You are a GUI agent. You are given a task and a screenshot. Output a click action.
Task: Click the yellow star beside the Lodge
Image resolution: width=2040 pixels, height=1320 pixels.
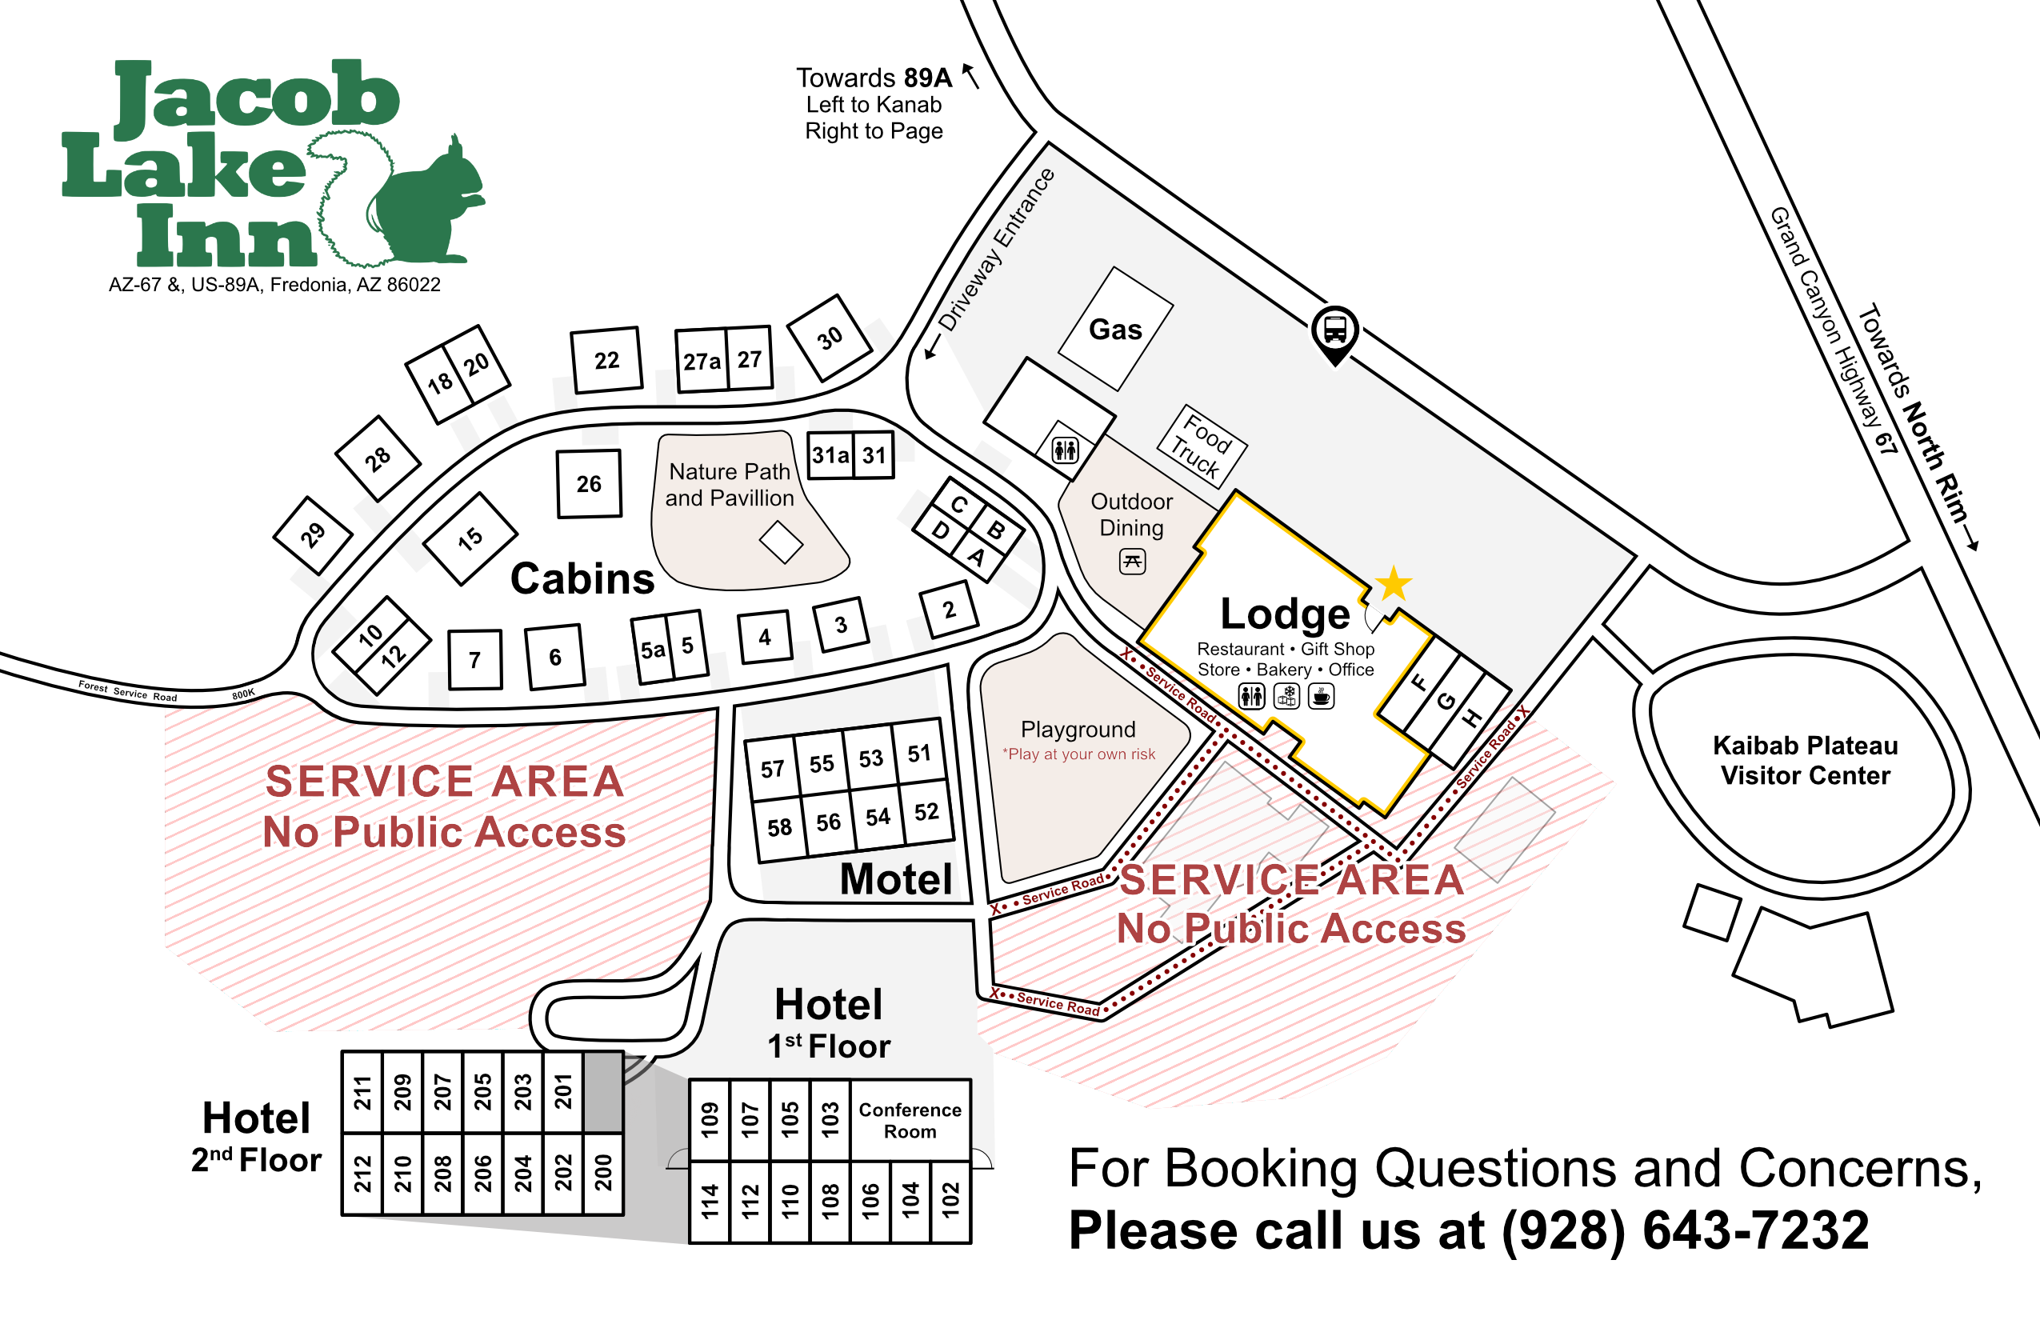1394,584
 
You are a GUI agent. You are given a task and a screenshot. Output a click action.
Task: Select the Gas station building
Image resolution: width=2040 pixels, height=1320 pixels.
1115,328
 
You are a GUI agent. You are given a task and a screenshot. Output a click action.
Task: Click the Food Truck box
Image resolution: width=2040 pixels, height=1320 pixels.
1202,446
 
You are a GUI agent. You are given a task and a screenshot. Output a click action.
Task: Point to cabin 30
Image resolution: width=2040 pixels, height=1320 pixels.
829,338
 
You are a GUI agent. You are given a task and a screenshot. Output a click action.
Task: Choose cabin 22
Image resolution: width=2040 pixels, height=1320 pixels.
607,360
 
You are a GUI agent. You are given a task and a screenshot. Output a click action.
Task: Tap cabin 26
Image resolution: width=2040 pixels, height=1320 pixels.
589,483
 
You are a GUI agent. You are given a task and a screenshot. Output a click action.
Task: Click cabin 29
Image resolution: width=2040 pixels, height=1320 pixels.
312,535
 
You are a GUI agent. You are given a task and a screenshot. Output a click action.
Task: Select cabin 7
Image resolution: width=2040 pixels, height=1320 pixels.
475,659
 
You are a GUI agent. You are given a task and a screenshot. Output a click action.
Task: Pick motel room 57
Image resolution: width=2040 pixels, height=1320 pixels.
772,768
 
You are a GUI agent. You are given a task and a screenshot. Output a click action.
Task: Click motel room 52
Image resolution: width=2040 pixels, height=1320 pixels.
926,811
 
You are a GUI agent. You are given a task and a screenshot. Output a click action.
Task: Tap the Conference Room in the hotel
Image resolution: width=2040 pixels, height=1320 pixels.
910,1120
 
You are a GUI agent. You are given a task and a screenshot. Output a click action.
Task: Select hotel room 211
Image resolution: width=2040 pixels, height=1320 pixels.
362,1093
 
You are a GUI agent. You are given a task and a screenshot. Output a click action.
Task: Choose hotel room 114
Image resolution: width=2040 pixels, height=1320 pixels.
710,1202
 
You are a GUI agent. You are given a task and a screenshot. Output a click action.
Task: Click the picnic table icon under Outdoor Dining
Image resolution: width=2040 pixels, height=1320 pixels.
1132,562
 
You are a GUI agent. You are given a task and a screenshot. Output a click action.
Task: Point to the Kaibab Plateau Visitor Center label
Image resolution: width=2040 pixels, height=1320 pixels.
1805,760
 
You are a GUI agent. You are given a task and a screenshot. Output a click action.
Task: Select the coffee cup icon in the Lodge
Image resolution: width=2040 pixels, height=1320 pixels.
1321,696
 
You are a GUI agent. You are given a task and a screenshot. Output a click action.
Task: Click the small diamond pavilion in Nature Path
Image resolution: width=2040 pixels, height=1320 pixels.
781,542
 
